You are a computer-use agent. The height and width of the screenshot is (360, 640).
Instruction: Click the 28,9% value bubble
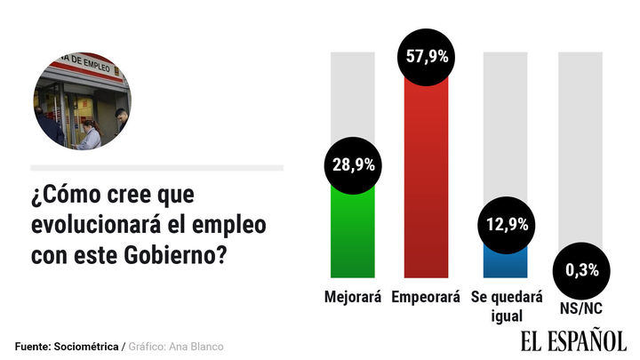pyautogui.click(x=353, y=166)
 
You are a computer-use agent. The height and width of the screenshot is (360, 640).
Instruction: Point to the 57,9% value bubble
pyautogui.click(x=426, y=56)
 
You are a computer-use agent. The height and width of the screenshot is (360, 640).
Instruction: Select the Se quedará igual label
pyautogui.click(x=506, y=306)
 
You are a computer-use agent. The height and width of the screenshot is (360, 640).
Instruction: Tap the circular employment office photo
pyautogui.click(x=82, y=100)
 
